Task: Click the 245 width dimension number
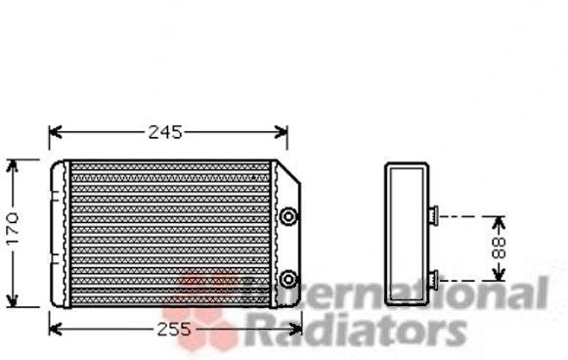[x=165, y=133]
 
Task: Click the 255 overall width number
[x=173, y=330]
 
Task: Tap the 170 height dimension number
[x=13, y=229]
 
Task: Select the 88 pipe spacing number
[x=499, y=247]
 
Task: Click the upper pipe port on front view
[x=288, y=216]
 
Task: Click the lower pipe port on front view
[x=288, y=279]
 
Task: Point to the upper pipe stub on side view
[x=433, y=214]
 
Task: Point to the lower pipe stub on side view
[x=433, y=280]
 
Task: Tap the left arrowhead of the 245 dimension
[x=56, y=132]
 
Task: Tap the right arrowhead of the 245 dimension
[x=282, y=132]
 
